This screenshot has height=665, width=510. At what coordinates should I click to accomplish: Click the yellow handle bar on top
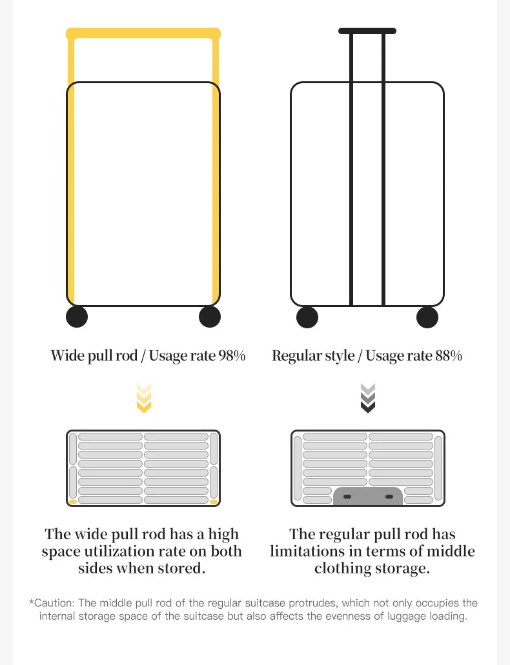click(143, 32)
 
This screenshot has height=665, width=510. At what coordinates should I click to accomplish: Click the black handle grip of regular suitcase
click(367, 30)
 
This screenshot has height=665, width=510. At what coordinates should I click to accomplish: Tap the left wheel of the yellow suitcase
click(77, 317)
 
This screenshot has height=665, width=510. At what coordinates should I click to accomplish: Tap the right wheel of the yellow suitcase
click(209, 317)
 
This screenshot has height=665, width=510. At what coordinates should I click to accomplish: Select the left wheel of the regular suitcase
click(307, 317)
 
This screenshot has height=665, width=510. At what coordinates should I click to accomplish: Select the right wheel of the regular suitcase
click(427, 317)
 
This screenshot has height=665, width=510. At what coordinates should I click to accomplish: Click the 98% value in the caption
click(232, 355)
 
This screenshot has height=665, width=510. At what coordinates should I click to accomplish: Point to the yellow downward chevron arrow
click(144, 398)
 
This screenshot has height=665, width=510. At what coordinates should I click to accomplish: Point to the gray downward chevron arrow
click(367, 398)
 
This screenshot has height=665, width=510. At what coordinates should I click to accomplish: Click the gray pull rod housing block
click(368, 496)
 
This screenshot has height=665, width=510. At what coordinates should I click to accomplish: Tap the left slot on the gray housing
click(347, 497)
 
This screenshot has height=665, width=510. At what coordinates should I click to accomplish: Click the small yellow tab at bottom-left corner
click(73, 501)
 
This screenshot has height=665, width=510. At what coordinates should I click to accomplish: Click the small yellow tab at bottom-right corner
click(214, 501)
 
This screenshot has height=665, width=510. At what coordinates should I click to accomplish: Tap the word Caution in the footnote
click(54, 603)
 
